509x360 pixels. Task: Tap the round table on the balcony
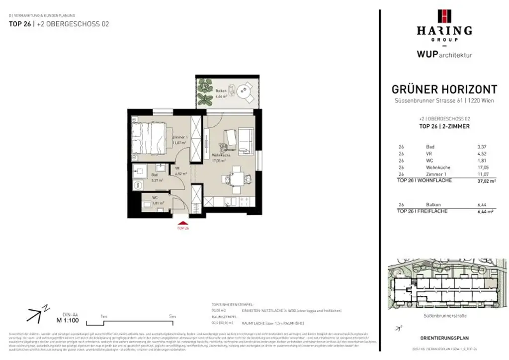(243, 91)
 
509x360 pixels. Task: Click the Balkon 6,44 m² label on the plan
(222, 93)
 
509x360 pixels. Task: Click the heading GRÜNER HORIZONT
(444, 90)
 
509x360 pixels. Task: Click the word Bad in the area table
(430, 147)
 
